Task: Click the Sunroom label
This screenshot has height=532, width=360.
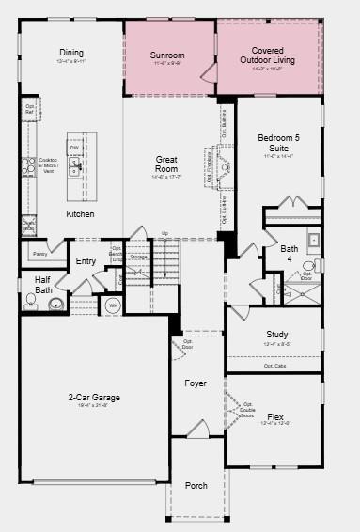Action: coord(167,55)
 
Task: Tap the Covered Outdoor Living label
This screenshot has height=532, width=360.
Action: coord(268,55)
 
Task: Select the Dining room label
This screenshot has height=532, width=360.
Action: coord(71,53)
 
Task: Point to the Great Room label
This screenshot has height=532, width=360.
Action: coord(166,164)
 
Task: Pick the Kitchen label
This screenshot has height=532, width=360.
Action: coord(80,214)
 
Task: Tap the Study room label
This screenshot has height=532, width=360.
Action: coord(277,335)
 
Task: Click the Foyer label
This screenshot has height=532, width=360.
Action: coord(195,383)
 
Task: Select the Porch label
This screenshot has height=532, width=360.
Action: coord(196,485)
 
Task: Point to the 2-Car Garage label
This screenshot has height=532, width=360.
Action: coord(94,398)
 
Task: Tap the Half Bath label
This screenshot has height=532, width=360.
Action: coord(43,285)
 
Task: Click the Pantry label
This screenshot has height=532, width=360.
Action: coord(39,254)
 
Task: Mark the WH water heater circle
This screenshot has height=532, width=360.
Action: coord(113,305)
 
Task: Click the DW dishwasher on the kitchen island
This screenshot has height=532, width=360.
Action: coord(73,148)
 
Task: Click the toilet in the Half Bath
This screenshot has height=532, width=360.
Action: coord(55,304)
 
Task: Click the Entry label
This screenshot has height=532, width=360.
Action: coord(86,261)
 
